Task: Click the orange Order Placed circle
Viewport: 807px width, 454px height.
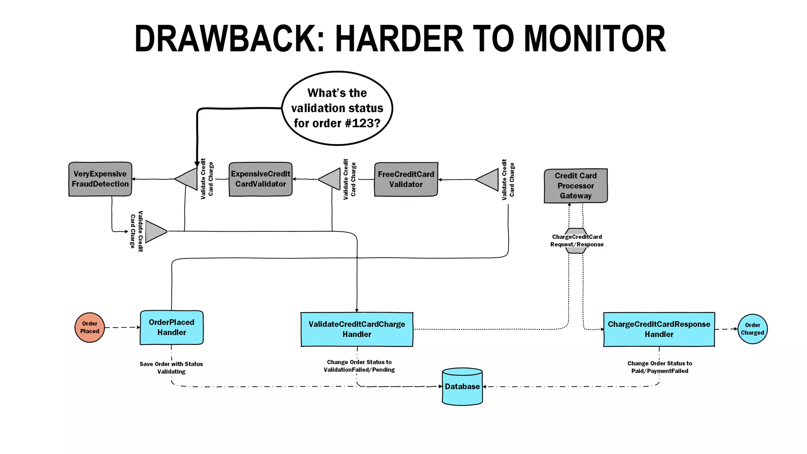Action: [90, 327]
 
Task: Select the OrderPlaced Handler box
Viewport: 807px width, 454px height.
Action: [172, 327]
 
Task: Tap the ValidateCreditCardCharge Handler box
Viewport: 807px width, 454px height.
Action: [357, 329]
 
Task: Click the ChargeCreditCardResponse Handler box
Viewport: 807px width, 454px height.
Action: [659, 329]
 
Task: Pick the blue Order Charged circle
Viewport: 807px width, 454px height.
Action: [752, 329]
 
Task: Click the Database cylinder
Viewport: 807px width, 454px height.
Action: [462, 387]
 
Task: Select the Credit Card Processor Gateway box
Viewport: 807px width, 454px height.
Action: [576, 186]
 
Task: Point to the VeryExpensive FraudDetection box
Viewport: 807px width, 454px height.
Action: [100, 179]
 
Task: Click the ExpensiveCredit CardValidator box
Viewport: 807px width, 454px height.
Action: [260, 179]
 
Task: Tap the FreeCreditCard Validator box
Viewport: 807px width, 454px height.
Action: [406, 179]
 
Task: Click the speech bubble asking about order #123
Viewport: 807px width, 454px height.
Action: [337, 108]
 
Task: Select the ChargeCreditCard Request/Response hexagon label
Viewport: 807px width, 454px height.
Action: [576, 240]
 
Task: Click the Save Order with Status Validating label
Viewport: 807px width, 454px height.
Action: [171, 368]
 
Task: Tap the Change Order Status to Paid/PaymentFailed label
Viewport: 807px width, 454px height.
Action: [660, 367]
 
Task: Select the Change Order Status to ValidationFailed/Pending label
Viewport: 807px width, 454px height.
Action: [359, 366]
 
